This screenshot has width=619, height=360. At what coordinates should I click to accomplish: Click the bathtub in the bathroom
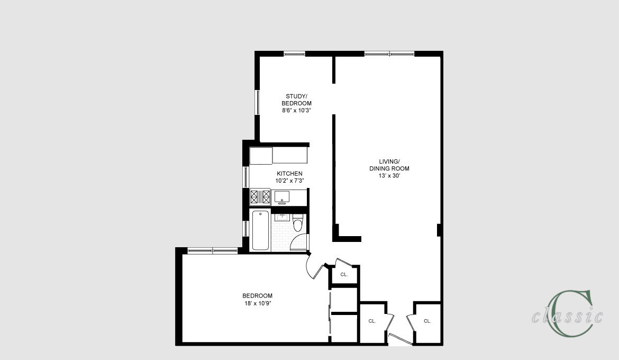[260, 230]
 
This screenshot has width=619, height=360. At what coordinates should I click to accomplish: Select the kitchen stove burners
[260, 196]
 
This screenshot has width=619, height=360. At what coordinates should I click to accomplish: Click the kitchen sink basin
[282, 196]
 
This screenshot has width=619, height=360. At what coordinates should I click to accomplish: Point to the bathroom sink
[282, 217]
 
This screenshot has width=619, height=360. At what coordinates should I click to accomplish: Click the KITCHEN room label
[289, 174]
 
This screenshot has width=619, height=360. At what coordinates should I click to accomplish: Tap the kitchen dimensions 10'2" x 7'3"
[289, 181]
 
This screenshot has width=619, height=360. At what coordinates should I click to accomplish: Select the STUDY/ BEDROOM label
[296, 100]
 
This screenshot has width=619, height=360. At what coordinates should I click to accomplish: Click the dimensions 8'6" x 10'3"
[296, 111]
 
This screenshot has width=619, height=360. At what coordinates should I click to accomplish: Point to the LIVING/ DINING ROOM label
[389, 165]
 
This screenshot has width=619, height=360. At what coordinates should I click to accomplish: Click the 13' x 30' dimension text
[389, 176]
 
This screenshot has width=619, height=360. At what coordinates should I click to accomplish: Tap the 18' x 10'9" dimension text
[258, 303]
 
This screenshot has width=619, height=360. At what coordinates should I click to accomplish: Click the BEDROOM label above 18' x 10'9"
[258, 295]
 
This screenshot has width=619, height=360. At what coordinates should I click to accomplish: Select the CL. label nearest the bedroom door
[344, 274]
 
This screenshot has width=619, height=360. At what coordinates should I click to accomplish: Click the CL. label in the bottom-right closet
[427, 321]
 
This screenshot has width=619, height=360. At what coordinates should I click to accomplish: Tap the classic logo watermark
[567, 314]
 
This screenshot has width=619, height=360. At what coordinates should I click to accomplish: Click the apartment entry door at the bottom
[400, 340]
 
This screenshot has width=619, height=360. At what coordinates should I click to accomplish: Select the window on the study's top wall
[295, 54]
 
